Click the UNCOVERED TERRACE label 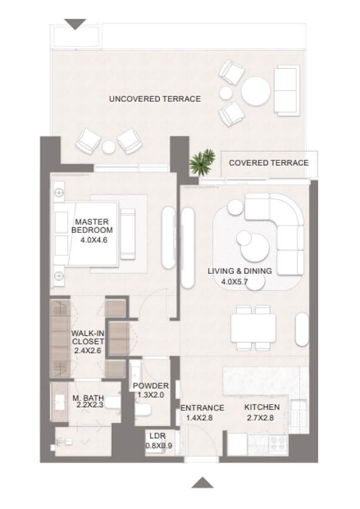click(155, 99)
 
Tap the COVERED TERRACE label click(269, 163)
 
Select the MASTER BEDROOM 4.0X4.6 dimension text click(94, 240)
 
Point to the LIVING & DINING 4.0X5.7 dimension click(234, 281)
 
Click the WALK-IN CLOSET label click(88, 337)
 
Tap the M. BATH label click(88, 397)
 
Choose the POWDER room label click(150, 386)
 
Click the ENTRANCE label click(202, 407)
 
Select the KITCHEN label click(262, 407)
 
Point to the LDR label click(158, 436)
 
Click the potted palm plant click(202, 161)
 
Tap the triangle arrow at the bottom click(202, 483)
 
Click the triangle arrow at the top click(75, 24)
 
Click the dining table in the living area click(253, 328)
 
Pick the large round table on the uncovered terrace click(255, 91)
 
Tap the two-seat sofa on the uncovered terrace click(287, 90)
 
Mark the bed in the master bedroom click(86, 234)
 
